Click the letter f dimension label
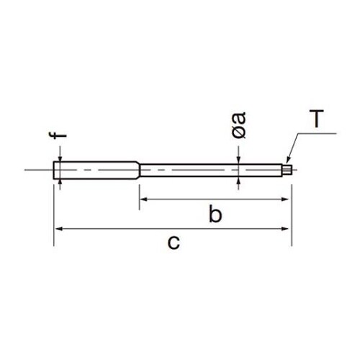(x=58, y=135)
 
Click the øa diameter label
(x=239, y=125)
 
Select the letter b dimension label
(x=215, y=213)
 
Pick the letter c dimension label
(x=174, y=243)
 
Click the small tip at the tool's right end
(x=287, y=169)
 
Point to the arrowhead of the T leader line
(x=288, y=161)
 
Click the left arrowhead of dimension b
(x=143, y=199)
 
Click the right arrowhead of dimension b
(x=284, y=199)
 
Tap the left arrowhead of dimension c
(x=59, y=229)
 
